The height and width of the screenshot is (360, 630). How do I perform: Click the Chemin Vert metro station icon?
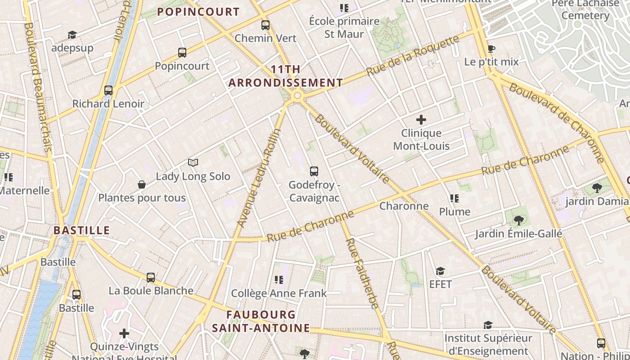tap(265, 25)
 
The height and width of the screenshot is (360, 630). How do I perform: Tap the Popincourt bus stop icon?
tap(182, 53)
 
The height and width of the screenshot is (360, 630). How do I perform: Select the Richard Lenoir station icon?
tap(108, 90)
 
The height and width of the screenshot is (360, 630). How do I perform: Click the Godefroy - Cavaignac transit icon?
tap(314, 171)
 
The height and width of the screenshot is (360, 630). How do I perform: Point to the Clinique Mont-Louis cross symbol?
tap(421, 120)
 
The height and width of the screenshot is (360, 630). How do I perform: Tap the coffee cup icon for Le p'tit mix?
tap(491, 49)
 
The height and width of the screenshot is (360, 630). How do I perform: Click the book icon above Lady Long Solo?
tap(193, 162)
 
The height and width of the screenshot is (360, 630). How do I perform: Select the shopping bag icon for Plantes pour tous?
tap(142, 184)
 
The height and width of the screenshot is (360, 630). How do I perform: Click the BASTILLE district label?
tap(81, 230)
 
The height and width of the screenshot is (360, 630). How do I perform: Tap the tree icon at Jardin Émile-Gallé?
tap(519, 220)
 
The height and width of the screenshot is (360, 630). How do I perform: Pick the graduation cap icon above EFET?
tap(440, 271)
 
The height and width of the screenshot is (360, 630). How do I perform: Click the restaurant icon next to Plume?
tap(454, 198)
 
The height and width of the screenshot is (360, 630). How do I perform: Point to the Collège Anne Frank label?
tap(279, 293)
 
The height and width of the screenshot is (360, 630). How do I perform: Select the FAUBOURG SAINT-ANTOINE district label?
tap(261, 321)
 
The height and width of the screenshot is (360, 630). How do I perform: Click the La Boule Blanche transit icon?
tap(151, 278)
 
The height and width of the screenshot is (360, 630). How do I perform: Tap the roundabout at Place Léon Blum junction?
tap(297, 95)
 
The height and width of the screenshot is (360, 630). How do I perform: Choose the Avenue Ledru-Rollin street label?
tap(259, 178)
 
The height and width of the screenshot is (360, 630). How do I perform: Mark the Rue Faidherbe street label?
tap(362, 274)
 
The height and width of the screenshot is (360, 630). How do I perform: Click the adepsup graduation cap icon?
tap(72, 35)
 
